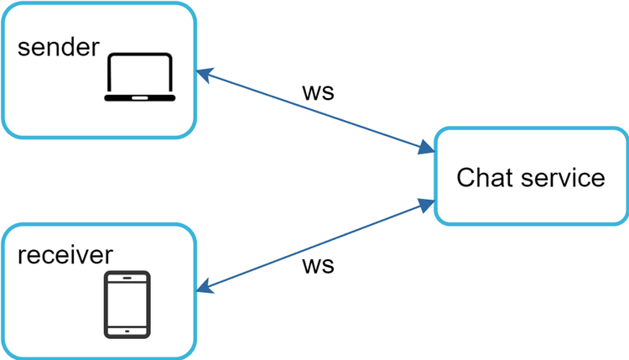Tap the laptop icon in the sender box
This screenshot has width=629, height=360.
(x=140, y=77)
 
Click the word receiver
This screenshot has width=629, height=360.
(x=65, y=254)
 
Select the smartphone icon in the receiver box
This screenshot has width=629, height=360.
(x=127, y=304)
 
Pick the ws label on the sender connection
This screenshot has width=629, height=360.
(x=318, y=91)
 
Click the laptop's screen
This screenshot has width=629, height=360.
(x=140, y=74)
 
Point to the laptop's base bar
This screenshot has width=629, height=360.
(x=140, y=98)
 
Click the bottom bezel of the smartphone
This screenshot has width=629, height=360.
(x=127, y=330)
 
